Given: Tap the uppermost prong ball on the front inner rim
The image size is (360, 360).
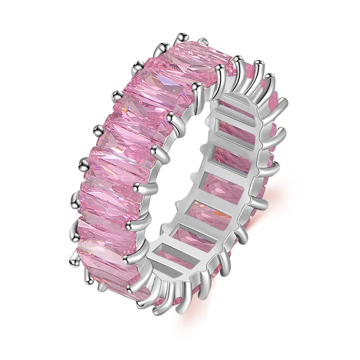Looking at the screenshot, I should [x=220, y=68].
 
